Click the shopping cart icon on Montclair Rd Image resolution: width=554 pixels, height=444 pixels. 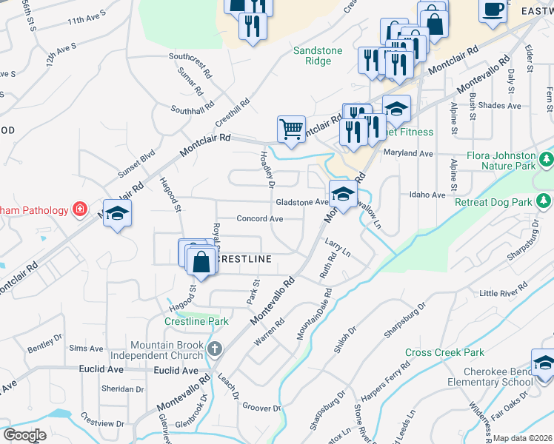292,129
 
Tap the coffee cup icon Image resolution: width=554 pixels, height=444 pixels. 492,10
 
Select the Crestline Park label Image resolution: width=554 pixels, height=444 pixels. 196,322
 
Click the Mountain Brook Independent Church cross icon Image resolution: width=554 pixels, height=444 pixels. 214,349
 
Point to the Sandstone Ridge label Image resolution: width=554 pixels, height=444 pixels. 318,55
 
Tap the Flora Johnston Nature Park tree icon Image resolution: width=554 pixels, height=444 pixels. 546,159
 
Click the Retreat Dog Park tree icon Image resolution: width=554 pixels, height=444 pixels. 544,201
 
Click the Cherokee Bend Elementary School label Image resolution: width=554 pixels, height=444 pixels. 490,377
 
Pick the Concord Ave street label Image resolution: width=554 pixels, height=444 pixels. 260,219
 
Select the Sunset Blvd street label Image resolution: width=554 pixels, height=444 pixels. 136,164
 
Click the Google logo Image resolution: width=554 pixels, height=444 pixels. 24,435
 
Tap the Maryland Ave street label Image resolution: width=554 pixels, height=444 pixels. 408,153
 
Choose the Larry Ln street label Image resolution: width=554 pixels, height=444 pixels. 337,249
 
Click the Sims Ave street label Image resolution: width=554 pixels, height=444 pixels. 86,348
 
